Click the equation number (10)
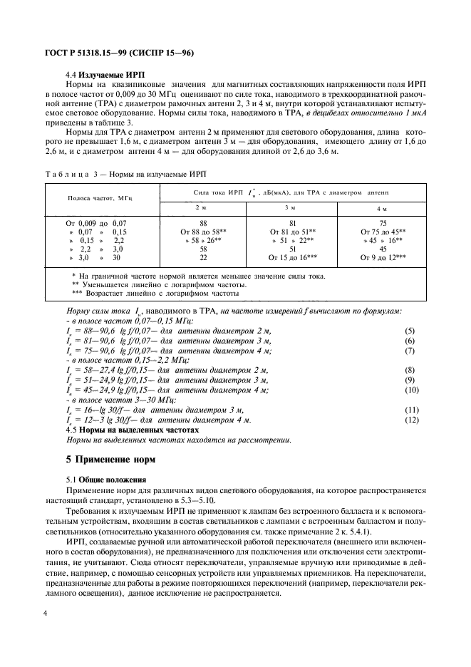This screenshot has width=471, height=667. [411, 390]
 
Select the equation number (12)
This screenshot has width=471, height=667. [411, 420]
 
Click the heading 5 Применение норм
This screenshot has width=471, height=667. [111, 460]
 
